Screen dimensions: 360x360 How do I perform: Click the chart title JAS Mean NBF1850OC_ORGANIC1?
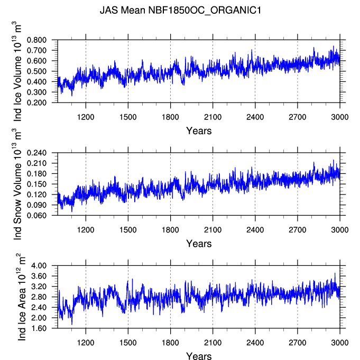[x=180, y=11]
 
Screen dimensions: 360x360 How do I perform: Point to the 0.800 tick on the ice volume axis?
[x=36, y=40]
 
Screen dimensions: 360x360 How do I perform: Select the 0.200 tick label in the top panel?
[x=36, y=103]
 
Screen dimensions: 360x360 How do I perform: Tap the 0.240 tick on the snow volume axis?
[x=36, y=153]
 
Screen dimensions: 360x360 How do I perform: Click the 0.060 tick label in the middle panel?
[x=36, y=215]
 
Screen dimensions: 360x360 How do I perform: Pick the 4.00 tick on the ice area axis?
[x=39, y=265]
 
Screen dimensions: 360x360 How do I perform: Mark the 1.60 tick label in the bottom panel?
[x=39, y=328]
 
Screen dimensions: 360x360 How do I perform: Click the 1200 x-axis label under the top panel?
[x=86, y=117]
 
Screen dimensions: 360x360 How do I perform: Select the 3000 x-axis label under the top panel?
[x=340, y=117]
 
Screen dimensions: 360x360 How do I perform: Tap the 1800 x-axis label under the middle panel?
[x=170, y=230]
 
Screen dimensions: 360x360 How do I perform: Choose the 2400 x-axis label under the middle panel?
[x=255, y=230]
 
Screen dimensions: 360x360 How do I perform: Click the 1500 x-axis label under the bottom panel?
[x=128, y=343]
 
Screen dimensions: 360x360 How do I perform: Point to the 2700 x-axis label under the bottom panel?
[x=298, y=343]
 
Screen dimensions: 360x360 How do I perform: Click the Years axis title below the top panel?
[x=199, y=131]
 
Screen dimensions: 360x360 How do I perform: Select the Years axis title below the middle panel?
[x=199, y=244]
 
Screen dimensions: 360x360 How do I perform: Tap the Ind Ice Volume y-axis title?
[x=17, y=71]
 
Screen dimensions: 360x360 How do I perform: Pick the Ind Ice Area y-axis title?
[x=21, y=297]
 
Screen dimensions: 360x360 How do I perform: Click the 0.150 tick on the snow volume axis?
[x=36, y=184]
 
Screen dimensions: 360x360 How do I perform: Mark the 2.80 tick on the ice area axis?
[x=39, y=297]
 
